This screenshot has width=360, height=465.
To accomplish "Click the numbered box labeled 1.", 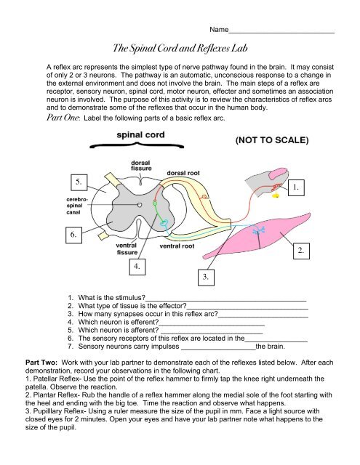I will [x=295, y=188].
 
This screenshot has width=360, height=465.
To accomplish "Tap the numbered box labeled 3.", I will [x=207, y=277].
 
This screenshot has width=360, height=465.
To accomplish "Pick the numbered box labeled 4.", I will [x=137, y=267].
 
